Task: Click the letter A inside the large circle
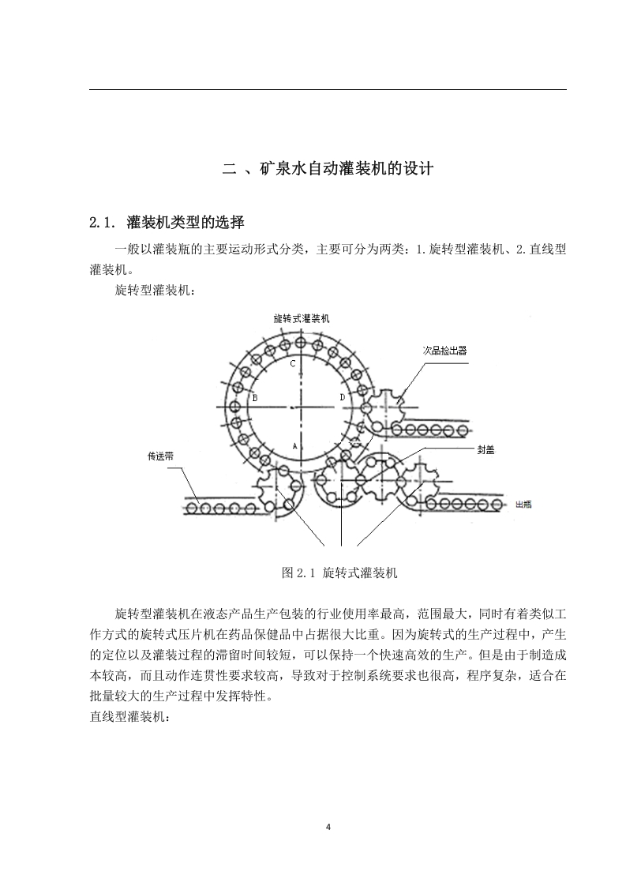[x=294, y=446]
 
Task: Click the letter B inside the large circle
[x=255, y=398]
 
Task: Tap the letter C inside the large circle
[x=293, y=364]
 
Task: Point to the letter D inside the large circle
[x=342, y=398]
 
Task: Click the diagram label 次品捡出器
[x=445, y=351]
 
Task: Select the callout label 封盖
[x=485, y=450]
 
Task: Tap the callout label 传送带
[x=160, y=456]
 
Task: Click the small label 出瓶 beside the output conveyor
[x=523, y=505]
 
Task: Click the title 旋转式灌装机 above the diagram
[x=301, y=319]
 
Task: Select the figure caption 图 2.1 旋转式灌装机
[x=339, y=573]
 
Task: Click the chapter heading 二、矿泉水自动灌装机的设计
[x=328, y=168]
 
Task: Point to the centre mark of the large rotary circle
[x=291, y=408]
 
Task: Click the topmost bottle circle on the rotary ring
[x=300, y=342]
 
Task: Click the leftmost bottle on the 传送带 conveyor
[x=193, y=508]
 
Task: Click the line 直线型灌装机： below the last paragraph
[x=129, y=717]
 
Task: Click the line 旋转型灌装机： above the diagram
[x=155, y=291]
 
